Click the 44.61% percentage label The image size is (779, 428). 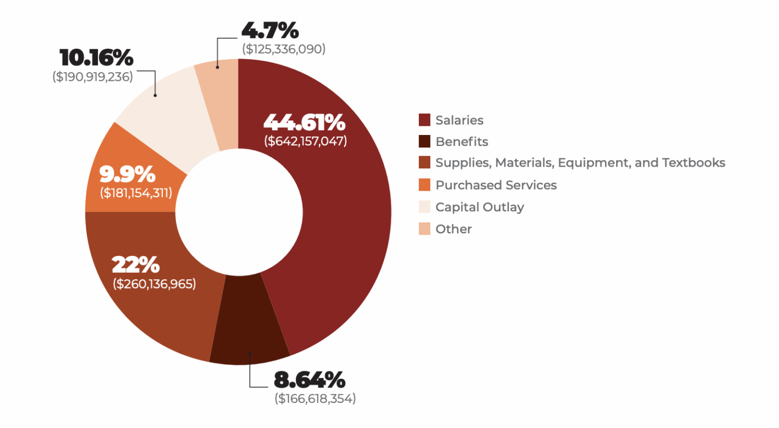coord(304,122)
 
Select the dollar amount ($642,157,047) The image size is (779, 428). coord(305,140)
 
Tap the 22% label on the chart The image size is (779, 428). coord(136,265)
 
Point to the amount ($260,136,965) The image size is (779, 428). coord(154,284)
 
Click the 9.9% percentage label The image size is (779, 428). coord(127,174)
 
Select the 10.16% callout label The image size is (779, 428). coord(96,57)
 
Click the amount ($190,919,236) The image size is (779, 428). coord(92,77)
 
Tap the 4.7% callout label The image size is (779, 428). coord(270,30)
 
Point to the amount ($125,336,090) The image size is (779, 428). coord(284,49)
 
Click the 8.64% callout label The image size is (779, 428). coord(309,379)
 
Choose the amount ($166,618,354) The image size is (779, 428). coord(315,398)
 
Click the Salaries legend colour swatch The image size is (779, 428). coord(425,120)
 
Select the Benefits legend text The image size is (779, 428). coord(461,142)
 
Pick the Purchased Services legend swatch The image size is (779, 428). coord(425,185)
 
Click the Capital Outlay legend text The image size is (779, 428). coord(479,207)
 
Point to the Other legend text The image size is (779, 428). coord(453,229)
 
